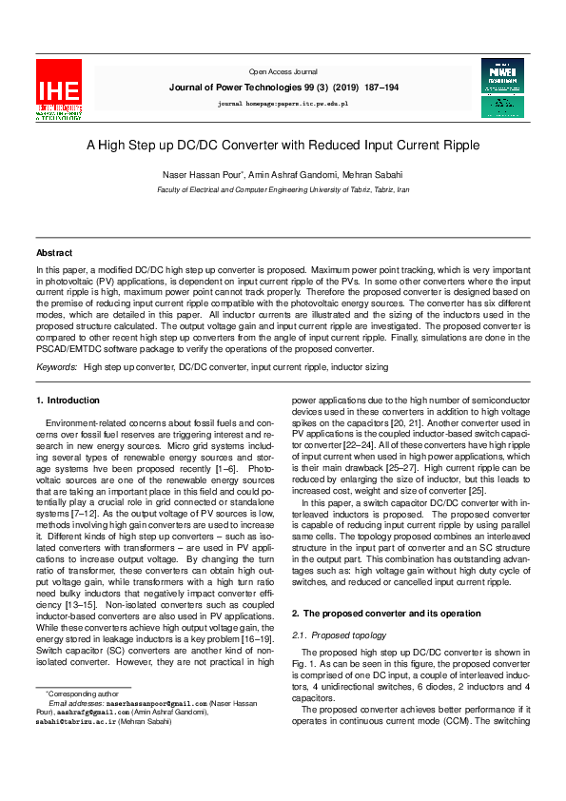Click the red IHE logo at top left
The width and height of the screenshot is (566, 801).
tap(59, 89)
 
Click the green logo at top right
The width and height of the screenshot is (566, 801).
tap(501, 88)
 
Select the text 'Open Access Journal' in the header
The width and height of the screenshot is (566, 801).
tap(283, 71)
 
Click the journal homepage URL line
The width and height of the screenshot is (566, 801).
tap(283, 100)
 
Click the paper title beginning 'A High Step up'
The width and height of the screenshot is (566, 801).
tap(283, 146)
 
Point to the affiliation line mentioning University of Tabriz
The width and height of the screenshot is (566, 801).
tap(283, 189)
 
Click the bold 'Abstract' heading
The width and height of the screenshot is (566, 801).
tap(54, 253)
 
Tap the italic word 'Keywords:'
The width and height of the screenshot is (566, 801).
tap(57, 366)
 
